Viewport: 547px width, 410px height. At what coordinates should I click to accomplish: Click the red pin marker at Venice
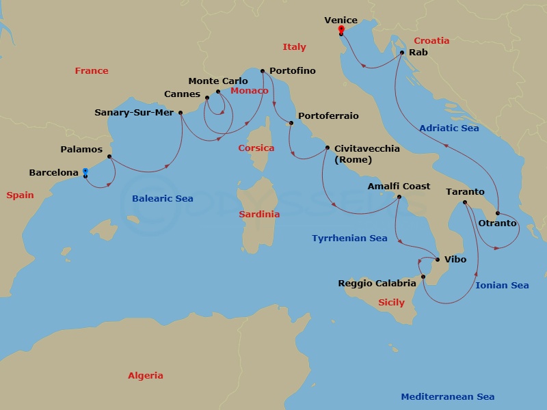[341, 29]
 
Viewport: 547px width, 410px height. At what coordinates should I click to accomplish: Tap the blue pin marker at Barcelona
[85, 172]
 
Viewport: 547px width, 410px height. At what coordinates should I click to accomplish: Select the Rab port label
[418, 52]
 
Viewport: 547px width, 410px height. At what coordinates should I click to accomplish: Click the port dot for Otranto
[498, 213]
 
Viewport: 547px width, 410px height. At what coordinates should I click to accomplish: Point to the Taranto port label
[465, 192]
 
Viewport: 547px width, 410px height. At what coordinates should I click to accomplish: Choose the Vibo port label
[455, 259]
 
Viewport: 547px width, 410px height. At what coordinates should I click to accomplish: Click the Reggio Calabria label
[377, 283]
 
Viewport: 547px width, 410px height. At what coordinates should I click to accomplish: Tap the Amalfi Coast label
[399, 186]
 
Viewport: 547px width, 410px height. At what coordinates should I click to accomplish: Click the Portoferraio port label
[328, 116]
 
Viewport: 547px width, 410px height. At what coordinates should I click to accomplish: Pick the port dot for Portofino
[263, 70]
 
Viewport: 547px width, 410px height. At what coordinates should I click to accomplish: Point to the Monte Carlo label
[218, 81]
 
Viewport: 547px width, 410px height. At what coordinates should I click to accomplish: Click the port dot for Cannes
[207, 97]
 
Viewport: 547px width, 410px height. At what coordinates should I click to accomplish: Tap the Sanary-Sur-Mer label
[134, 113]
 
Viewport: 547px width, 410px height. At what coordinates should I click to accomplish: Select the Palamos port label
[81, 149]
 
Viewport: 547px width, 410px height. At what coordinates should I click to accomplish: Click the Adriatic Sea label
[449, 128]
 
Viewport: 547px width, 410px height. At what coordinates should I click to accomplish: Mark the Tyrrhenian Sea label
[349, 238]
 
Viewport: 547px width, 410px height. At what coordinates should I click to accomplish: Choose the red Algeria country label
[146, 375]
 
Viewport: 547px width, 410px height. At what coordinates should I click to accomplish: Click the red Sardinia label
[259, 214]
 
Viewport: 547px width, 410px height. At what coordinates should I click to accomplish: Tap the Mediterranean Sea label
[448, 396]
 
